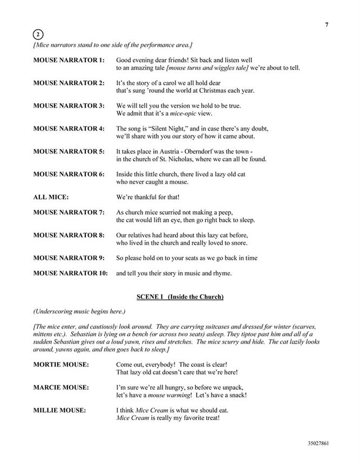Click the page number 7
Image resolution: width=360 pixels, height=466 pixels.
point(327,24)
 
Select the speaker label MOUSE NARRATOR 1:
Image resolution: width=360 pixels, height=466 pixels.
point(69,60)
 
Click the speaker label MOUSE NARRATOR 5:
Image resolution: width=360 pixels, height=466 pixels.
point(69,151)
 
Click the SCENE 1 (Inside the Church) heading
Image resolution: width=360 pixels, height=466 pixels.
point(180,297)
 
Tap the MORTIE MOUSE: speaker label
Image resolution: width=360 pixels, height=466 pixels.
point(60,365)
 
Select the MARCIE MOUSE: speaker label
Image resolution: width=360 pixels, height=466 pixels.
point(61,387)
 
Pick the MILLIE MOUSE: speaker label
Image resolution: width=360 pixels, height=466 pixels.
point(59,410)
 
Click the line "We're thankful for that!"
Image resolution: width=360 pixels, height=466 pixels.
point(148,197)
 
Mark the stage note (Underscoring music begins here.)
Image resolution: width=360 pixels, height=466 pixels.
point(79,312)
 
